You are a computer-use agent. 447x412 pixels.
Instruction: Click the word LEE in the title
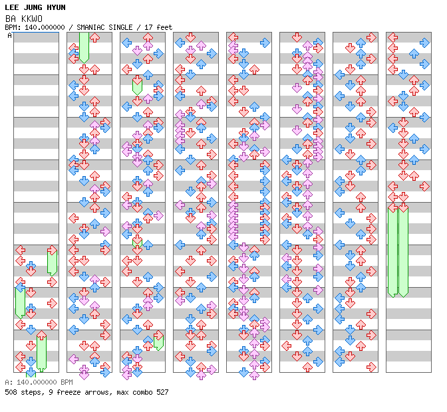[12, 7]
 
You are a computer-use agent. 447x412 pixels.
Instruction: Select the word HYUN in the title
[56, 7]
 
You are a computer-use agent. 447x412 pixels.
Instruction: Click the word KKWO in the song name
[32, 19]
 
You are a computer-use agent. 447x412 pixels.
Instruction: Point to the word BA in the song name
[11, 19]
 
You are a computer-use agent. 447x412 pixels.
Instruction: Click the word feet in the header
[164, 27]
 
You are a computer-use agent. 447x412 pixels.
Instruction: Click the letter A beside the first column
[9, 36]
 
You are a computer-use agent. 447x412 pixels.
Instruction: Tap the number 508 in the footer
[11, 392]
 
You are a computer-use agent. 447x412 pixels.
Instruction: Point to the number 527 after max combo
[162, 392]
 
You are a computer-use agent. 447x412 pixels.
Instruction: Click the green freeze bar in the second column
[84, 48]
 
